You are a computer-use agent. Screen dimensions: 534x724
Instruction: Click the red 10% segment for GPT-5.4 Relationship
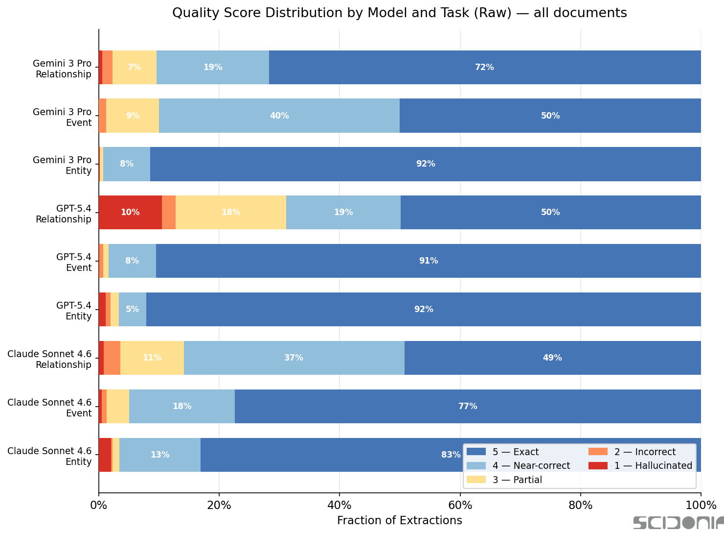coord(130,212)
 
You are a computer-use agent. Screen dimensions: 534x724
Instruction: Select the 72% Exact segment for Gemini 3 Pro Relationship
coord(484,67)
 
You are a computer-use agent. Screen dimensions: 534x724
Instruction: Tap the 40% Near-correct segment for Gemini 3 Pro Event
coord(279,116)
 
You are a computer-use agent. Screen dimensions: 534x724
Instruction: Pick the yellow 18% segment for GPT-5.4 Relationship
coord(231,212)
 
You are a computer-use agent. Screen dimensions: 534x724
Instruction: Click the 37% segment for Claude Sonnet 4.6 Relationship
coord(294,358)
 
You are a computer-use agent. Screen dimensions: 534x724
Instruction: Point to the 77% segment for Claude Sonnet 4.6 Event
coord(468,406)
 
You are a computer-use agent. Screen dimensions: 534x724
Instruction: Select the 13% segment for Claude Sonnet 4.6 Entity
coord(160,455)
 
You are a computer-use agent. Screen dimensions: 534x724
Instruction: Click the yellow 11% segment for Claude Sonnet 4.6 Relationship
coord(152,358)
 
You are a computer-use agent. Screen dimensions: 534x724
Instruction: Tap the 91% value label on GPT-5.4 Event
coord(429,261)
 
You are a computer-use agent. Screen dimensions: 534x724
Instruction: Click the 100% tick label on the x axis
coord(701,505)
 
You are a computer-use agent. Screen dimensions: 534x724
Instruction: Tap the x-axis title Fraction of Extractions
coord(399,520)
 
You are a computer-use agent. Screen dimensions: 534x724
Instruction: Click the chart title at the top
coord(399,13)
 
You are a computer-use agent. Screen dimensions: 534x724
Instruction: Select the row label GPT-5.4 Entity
coord(74,311)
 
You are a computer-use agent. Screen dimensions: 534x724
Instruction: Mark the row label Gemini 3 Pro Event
coord(62,117)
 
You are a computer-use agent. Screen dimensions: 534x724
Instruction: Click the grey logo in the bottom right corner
coord(678,523)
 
